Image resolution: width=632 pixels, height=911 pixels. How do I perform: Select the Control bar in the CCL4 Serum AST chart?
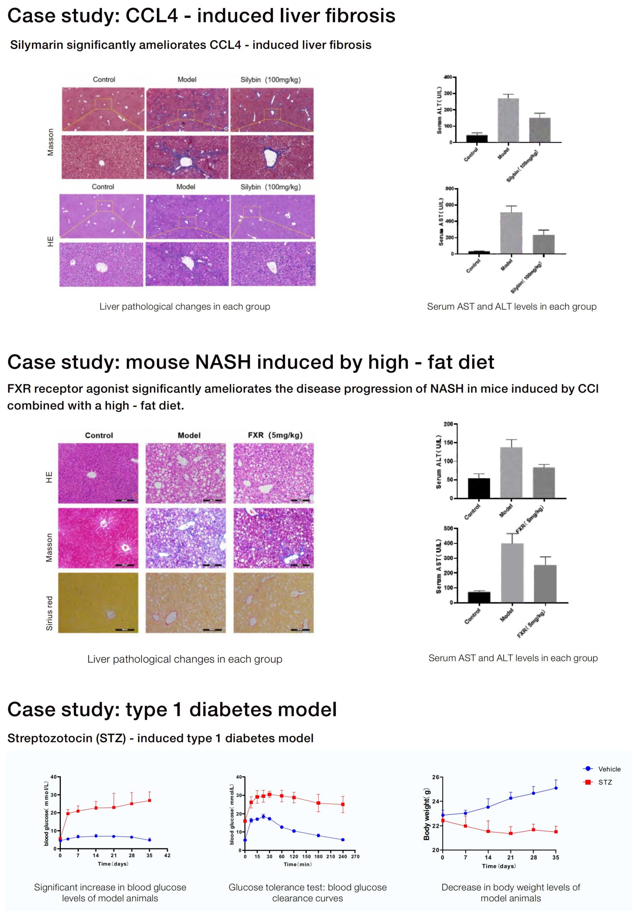tap(479, 252)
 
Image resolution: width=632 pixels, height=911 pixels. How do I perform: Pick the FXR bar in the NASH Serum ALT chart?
tap(544, 483)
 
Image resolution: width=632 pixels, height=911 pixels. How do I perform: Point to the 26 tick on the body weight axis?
tap(436, 777)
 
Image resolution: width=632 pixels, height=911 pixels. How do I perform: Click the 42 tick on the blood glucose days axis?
tap(167, 855)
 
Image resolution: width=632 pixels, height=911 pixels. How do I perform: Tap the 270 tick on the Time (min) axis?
tap(355, 856)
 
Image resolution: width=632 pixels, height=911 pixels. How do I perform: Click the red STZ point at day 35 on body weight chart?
tap(556, 831)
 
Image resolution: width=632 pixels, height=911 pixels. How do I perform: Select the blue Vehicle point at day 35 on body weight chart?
tap(556, 788)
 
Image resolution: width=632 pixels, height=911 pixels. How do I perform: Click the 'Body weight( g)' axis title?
tap(426, 814)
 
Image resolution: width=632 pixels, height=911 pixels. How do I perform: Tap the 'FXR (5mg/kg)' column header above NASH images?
tap(275, 435)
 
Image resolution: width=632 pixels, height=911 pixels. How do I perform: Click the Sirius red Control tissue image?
tap(98, 602)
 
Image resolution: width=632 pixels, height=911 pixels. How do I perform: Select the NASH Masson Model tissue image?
tap(186, 538)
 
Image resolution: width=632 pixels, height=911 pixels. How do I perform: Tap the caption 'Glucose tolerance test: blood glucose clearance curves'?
tap(307, 892)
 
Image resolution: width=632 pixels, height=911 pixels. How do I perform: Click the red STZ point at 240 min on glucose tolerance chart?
tap(343, 804)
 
